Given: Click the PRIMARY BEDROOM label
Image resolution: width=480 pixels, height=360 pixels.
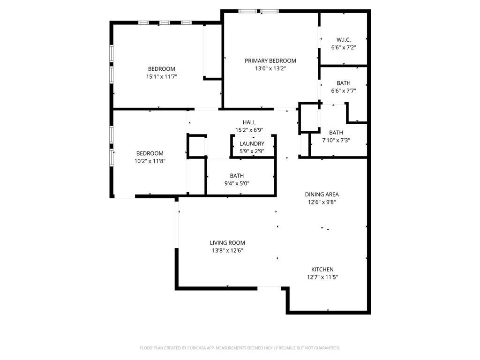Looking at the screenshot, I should pyautogui.click(x=270, y=60).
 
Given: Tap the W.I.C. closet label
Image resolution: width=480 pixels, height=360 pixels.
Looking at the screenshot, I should pyautogui.click(x=343, y=40).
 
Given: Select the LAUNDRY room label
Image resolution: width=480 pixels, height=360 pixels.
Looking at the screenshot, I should pyautogui.click(x=252, y=143).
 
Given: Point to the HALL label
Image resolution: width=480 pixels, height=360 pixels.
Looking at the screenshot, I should pyautogui.click(x=249, y=122).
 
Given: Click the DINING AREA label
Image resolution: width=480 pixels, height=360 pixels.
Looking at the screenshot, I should pyautogui.click(x=322, y=195).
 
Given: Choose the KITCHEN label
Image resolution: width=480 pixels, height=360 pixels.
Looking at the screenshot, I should pyautogui.click(x=322, y=270).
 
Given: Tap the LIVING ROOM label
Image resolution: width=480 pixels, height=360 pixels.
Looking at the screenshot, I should pyautogui.click(x=227, y=243).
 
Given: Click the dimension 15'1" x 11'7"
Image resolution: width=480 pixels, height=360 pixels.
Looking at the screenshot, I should pyautogui.click(x=162, y=76).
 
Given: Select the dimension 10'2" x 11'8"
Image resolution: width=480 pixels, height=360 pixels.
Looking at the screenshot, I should pyautogui.click(x=150, y=161).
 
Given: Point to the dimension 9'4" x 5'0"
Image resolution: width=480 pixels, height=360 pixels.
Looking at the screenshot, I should pyautogui.click(x=237, y=183).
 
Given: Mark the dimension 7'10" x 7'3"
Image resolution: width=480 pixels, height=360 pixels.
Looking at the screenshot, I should pyautogui.click(x=336, y=140).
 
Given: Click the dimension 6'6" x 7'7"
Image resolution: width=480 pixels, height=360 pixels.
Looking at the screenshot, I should pyautogui.click(x=343, y=91).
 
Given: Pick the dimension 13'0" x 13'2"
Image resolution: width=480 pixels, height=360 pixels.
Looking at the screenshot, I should pyautogui.click(x=270, y=68).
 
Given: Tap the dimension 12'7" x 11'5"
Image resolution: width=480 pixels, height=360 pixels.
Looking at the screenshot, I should pyautogui.click(x=322, y=277).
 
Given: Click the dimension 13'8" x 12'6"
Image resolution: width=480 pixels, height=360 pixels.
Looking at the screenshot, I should pyautogui.click(x=227, y=250).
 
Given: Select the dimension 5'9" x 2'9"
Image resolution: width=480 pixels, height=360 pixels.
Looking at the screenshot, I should pyautogui.click(x=252, y=151).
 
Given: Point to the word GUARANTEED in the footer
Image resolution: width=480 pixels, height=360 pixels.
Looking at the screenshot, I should pyautogui.click(x=325, y=348).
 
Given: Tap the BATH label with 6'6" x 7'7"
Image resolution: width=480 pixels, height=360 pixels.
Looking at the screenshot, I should pyautogui.click(x=343, y=83).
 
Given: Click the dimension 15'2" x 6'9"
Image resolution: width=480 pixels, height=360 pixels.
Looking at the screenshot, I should pyautogui.click(x=249, y=130).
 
